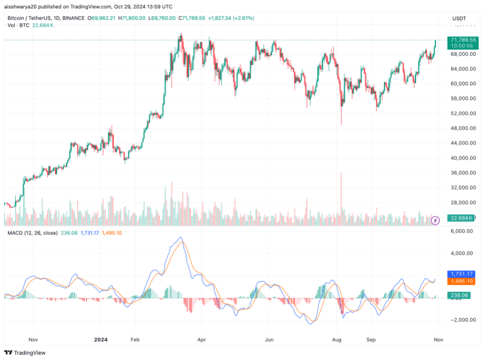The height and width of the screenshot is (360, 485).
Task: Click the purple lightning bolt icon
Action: pos(435,220)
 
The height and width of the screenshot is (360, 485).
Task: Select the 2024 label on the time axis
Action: pos(102,340)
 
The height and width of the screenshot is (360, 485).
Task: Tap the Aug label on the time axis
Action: pos(336,340)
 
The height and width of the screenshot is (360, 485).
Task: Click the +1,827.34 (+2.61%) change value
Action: pos(231,18)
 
